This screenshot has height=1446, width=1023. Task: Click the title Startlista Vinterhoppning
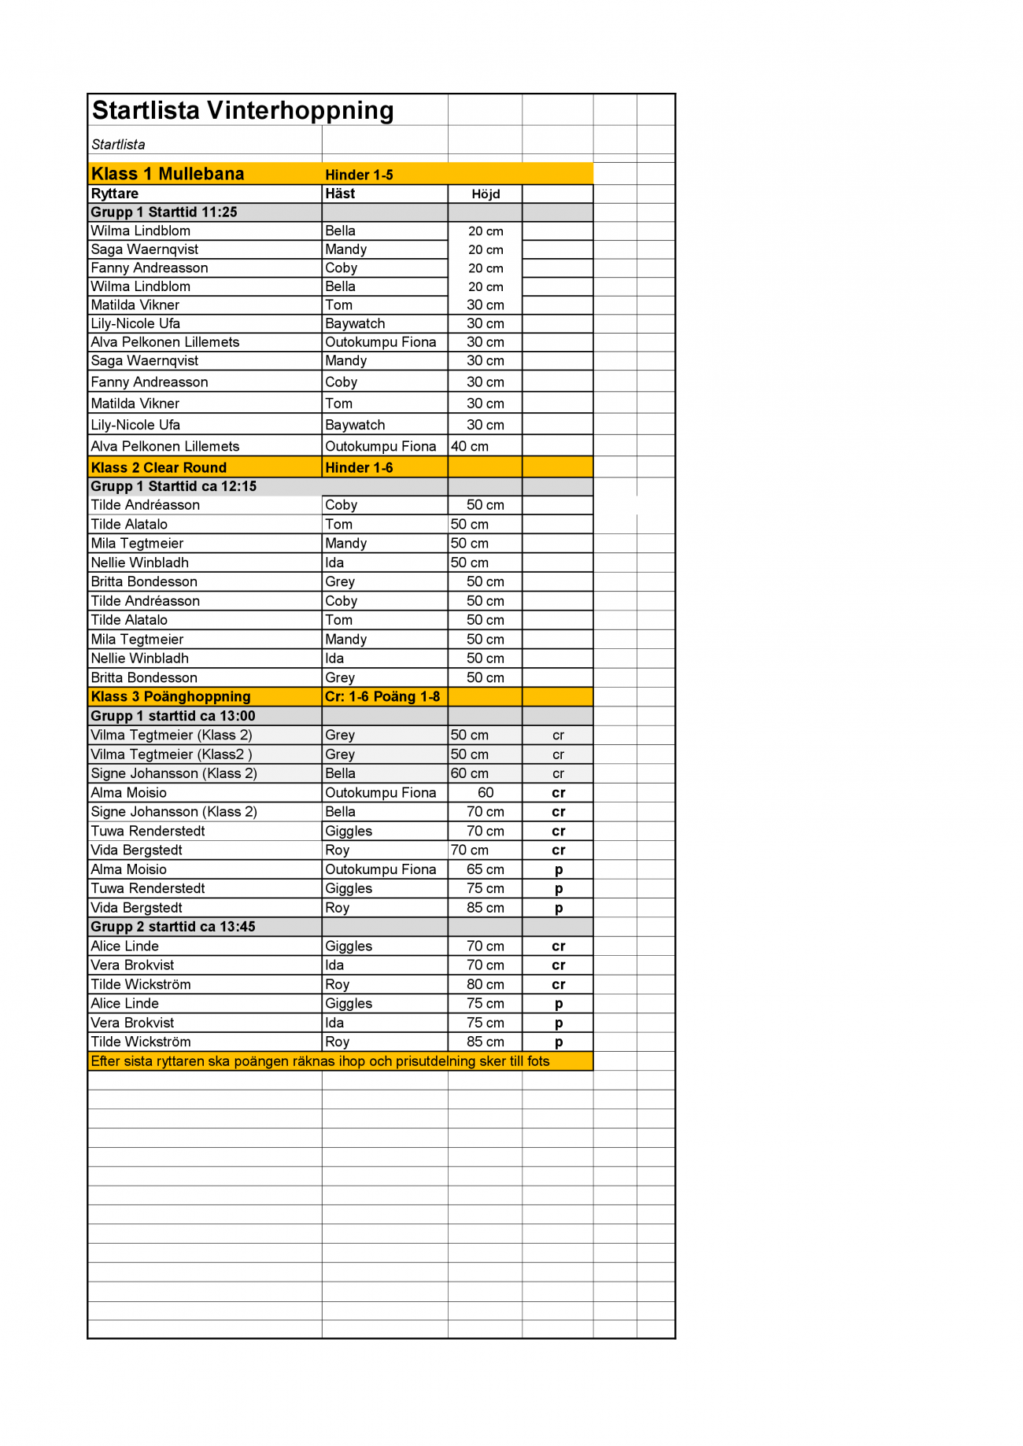click(x=242, y=111)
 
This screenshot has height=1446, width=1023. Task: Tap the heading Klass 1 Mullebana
click(x=168, y=174)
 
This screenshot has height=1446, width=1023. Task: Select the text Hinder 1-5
click(x=359, y=175)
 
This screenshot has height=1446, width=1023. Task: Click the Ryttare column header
click(x=115, y=194)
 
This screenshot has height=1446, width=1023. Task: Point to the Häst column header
click(x=340, y=194)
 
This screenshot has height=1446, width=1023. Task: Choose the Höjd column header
click(x=486, y=194)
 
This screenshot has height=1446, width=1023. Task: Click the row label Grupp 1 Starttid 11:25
click(x=164, y=212)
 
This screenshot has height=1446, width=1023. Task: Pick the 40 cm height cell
click(x=470, y=447)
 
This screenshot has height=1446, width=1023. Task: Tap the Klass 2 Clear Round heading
click(x=159, y=467)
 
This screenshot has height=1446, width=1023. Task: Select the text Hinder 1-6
click(x=359, y=467)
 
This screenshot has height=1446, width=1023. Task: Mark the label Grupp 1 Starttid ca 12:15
click(x=174, y=486)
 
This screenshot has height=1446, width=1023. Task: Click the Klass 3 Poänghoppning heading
click(x=171, y=696)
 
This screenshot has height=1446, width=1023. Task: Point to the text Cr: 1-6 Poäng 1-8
click(x=382, y=696)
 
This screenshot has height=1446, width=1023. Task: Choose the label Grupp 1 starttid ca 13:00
click(x=173, y=716)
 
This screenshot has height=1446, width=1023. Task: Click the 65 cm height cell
click(x=486, y=869)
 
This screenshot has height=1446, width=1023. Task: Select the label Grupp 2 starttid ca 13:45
click(x=173, y=927)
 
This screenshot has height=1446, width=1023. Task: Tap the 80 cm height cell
click(x=486, y=984)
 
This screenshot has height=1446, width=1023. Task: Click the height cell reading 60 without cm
click(x=486, y=793)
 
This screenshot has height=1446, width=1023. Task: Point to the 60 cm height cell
click(x=470, y=773)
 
